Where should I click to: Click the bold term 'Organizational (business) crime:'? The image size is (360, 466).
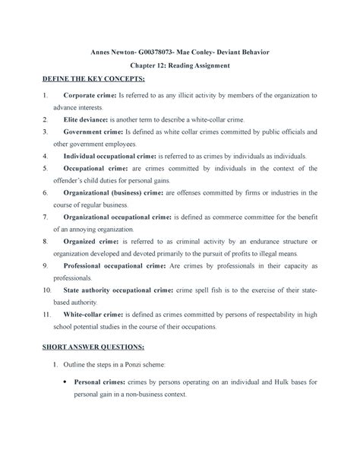pyautogui.click(x=122, y=193)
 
